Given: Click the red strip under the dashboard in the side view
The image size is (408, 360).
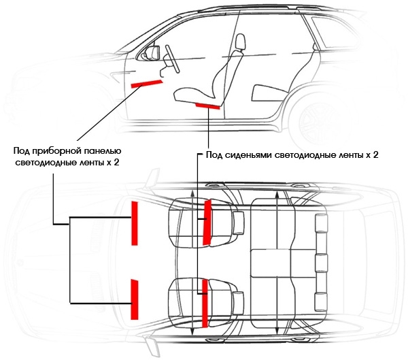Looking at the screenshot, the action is pyautogui.click(x=147, y=84).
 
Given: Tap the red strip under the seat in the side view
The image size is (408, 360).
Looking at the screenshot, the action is pyautogui.click(x=207, y=105).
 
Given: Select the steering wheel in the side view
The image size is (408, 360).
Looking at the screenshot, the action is pyautogui.click(x=172, y=59).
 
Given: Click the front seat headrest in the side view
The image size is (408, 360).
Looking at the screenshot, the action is pyautogui.click(x=241, y=42).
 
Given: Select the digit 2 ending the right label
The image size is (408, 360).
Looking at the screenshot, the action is pyautogui.click(x=375, y=154).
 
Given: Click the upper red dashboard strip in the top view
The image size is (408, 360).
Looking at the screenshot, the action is pyautogui.click(x=134, y=223).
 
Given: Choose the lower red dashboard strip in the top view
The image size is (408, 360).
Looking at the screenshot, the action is pyautogui.click(x=134, y=299).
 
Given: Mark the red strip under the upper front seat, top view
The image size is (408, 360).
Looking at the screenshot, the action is pyautogui.click(x=207, y=223).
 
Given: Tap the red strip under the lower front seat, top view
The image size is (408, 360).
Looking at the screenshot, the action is pyautogui.click(x=205, y=304).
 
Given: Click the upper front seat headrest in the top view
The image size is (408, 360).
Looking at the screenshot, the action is pyautogui.click(x=239, y=223).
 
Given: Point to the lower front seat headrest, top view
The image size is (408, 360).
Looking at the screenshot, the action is pyautogui.click(x=238, y=304).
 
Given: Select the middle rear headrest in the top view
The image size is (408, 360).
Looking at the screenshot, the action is pyautogui.click(x=322, y=263).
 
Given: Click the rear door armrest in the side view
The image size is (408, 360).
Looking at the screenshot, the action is pyautogui.click(x=269, y=93).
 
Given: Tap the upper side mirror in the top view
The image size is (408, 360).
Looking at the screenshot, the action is pyautogui.click(x=153, y=178).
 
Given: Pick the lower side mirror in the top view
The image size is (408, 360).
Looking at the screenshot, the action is pyautogui.click(x=153, y=345).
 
